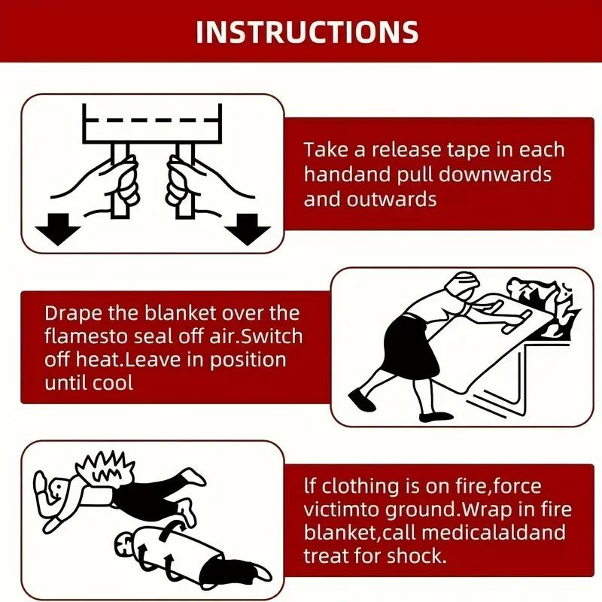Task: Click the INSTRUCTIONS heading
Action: click(307, 32)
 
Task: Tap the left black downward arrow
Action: click(58, 230)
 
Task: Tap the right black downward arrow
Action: click(248, 230)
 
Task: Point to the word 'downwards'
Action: click(495, 175)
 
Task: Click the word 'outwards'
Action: click(391, 199)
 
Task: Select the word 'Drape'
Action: click(73, 314)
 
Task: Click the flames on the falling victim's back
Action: click(105, 469)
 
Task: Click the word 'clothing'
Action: click(360, 487)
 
